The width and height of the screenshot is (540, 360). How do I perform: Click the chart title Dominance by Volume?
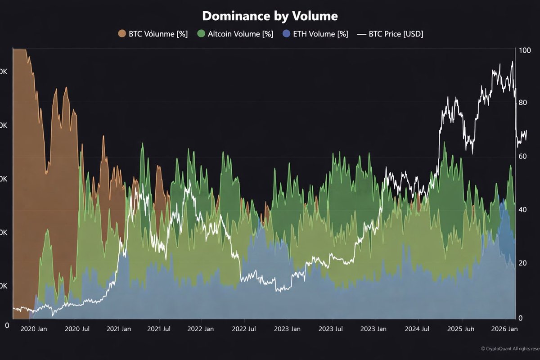pos(270,16)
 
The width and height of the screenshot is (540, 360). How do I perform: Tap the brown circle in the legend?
pos(122,34)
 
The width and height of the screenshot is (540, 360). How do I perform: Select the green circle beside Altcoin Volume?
pos(201,34)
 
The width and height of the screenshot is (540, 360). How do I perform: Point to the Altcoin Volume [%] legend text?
pos(240,34)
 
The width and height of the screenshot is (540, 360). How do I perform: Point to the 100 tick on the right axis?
pos(524,50)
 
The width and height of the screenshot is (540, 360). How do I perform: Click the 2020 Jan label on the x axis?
pos(34,329)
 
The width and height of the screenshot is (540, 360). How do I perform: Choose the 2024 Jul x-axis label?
pos(418,329)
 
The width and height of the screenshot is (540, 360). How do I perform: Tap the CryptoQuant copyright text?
pos(510,348)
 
